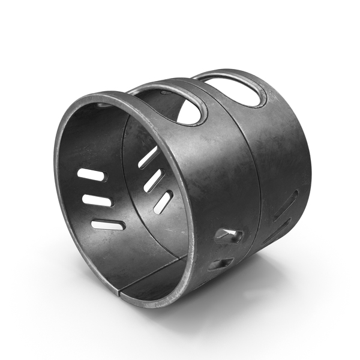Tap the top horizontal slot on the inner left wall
click(91, 175)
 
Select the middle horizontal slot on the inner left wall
click(97, 200)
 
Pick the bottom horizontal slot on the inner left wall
click(108, 225)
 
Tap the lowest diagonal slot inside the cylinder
click(163, 202)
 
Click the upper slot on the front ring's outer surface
click(229, 235)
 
